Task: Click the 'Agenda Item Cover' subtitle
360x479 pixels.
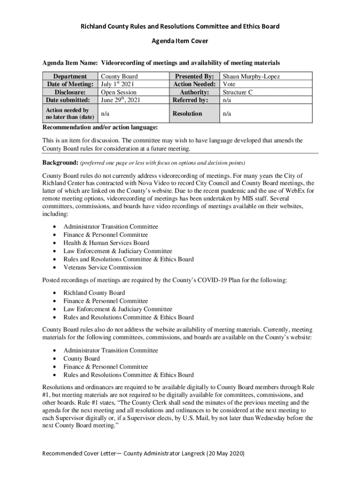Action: (x=180, y=41)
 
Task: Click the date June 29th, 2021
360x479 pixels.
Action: (x=121, y=100)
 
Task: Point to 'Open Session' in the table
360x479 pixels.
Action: (x=119, y=92)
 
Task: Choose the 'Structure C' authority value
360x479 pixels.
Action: (x=238, y=92)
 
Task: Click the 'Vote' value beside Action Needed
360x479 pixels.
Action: (x=229, y=84)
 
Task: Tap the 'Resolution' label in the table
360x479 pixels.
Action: (x=187, y=113)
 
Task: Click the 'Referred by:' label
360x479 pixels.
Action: (x=190, y=100)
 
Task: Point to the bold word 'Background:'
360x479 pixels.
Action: (x=60, y=162)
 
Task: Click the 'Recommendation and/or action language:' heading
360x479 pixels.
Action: (x=100, y=127)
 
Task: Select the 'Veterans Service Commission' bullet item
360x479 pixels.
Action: (x=102, y=268)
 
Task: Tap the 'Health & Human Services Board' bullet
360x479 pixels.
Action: (x=106, y=243)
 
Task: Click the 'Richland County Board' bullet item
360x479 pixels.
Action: (x=94, y=293)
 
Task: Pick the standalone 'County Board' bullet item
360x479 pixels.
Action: (x=81, y=359)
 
